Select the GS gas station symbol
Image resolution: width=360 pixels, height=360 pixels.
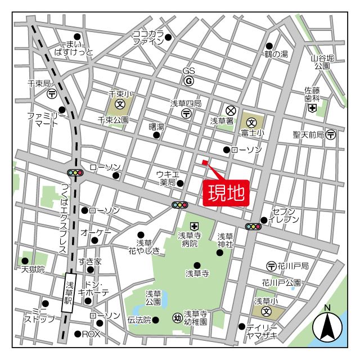188,81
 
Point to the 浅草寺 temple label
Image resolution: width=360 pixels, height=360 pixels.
197,273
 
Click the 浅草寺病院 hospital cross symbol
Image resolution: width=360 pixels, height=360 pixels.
194,226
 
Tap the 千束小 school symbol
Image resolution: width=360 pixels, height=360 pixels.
120,104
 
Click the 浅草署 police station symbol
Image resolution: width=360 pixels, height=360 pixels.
230,110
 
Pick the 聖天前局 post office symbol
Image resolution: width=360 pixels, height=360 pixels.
331,134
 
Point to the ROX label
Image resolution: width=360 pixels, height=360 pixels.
91,334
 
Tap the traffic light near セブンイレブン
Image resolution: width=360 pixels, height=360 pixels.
254,227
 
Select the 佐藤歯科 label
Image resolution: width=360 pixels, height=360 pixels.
312,94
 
